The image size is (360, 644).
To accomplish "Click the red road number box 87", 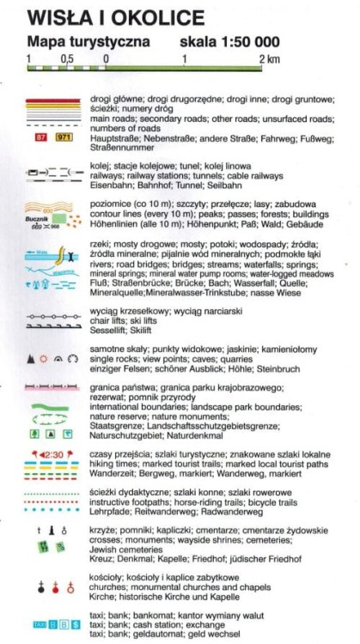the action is (37, 136).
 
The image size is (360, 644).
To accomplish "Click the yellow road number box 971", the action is (63, 136).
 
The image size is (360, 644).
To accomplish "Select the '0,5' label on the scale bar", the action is (65, 60).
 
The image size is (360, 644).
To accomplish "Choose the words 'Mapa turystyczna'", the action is (82, 40).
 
